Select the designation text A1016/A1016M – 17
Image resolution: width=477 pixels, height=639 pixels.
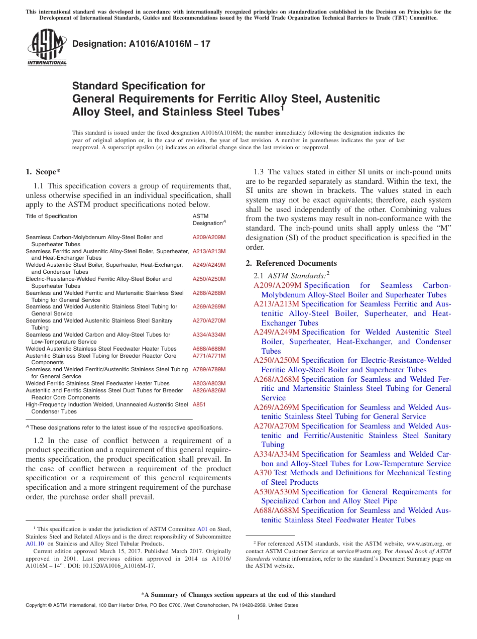pos(141,44)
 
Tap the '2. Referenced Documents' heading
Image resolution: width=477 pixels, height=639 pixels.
pos(291,263)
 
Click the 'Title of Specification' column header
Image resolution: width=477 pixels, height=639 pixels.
pos(51,216)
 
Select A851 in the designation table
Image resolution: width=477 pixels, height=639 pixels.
pos(199,404)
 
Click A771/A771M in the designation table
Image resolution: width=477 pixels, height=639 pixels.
pos(209,356)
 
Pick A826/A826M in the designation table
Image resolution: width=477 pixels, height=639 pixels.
pos(209,390)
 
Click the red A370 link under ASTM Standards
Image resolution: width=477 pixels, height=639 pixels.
pos(263,473)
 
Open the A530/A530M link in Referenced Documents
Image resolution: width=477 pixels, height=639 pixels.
pos(276,492)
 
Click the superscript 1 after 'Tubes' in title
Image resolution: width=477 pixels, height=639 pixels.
pos(282,107)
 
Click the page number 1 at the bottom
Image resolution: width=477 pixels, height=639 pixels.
pos(238,617)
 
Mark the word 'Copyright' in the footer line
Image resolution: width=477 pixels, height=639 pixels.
pos(36,605)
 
